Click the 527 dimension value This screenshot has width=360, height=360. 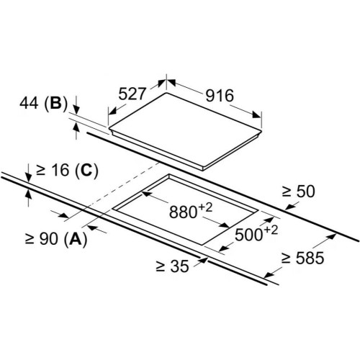click(132, 94)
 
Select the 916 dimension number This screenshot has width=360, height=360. click(220, 96)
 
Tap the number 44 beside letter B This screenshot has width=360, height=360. click(29, 103)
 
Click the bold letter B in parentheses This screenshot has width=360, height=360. click(55, 104)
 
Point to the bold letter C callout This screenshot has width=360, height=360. click(86, 170)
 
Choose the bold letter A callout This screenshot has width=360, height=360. click(76, 239)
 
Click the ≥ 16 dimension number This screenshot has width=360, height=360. click(53, 170)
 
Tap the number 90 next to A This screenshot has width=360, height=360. click(48, 239)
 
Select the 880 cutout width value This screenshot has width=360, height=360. click(183, 212)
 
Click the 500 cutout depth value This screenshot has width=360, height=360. click(249, 235)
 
